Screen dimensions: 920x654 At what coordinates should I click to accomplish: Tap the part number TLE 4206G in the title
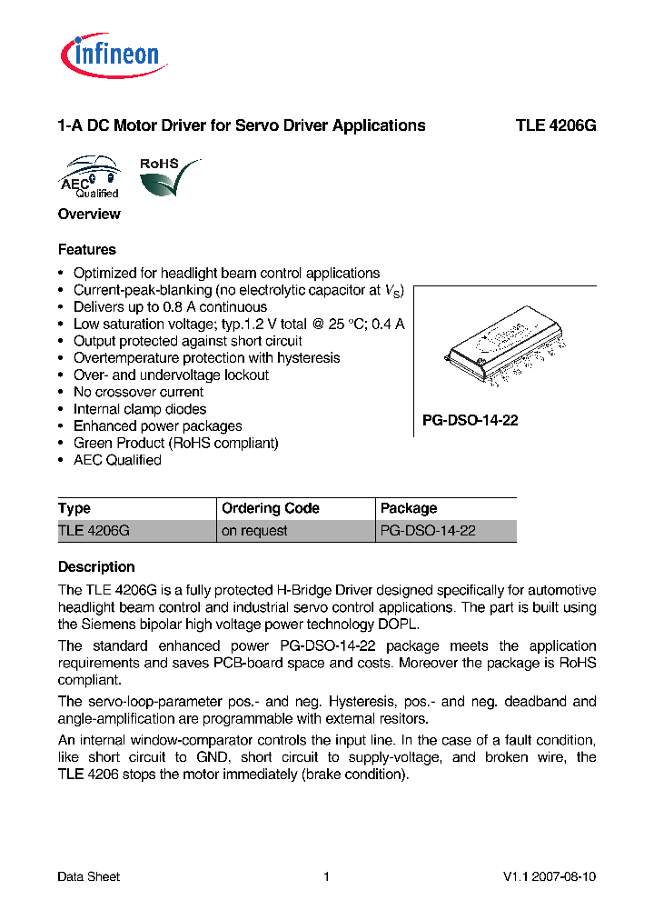click(x=556, y=125)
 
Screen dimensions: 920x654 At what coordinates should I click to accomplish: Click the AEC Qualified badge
click(x=90, y=177)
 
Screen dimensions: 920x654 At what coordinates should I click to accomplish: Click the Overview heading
click(x=89, y=215)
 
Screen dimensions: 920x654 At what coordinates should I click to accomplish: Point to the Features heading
click(x=87, y=249)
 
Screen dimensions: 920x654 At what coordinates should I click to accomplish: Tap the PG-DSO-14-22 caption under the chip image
click(x=470, y=421)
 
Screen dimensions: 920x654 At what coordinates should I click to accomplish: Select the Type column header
click(x=74, y=508)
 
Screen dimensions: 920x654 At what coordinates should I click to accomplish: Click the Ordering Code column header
click(x=271, y=508)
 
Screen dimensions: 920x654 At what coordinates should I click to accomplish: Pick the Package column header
click(x=409, y=508)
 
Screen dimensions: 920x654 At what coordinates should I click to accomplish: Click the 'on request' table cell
click(x=254, y=531)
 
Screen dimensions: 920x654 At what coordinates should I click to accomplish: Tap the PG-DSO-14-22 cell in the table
click(x=428, y=531)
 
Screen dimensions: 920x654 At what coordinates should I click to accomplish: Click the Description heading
click(x=96, y=566)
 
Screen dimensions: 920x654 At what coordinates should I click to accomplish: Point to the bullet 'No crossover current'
click(x=138, y=392)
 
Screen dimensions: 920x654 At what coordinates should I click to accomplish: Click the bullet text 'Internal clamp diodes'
click(x=140, y=409)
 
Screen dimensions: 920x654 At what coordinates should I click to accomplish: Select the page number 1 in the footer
click(x=326, y=876)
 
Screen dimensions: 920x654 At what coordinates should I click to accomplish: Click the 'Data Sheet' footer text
click(x=89, y=876)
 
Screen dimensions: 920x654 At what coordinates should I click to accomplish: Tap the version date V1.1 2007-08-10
click(x=549, y=876)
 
